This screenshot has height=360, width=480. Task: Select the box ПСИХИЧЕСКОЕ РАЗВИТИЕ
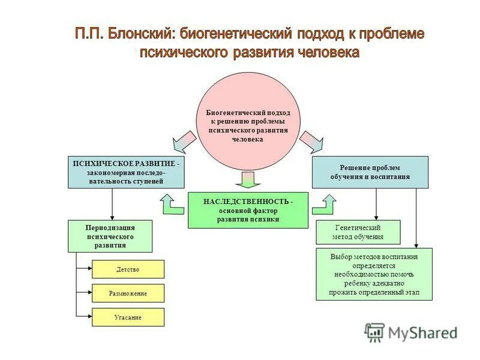pos(125,172)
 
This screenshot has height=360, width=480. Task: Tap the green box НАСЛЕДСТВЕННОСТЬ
pos(248,211)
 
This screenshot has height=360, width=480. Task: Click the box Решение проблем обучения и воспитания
pos(370,172)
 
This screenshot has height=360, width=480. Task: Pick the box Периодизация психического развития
pos(110,236)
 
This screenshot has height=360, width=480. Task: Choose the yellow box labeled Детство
pos(128,269)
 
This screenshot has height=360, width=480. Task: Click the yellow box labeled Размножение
pos(128,293)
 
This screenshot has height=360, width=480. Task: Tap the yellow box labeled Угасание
pos(128,317)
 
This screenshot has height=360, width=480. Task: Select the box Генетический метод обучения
pos(358,232)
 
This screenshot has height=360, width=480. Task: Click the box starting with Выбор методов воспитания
pos(374,274)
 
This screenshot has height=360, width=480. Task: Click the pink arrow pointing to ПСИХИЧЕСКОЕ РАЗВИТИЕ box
pos(184,142)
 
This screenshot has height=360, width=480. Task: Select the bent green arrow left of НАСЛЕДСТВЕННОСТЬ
pos(172,205)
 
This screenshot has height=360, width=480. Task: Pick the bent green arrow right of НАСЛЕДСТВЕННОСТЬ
pos(324,205)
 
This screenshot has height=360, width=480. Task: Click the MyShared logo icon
pos(374,332)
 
